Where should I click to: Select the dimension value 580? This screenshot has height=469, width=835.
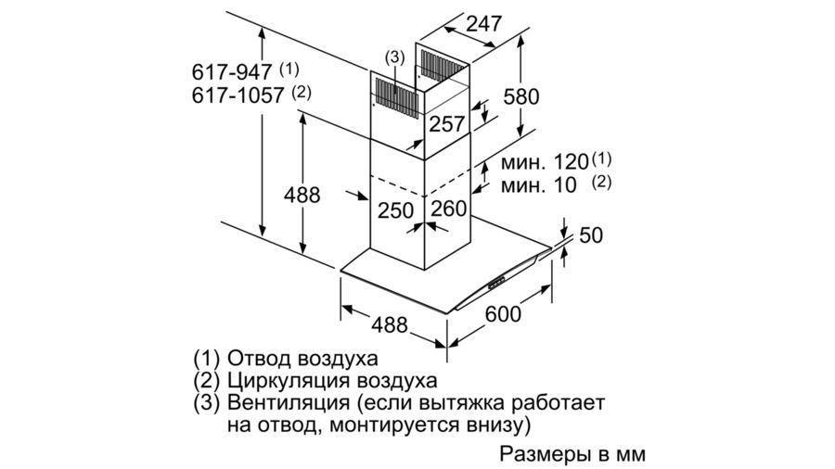pyautogui.click(x=520, y=95)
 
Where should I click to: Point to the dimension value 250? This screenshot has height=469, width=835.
pyautogui.click(x=394, y=210)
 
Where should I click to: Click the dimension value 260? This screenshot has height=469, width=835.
pyautogui.click(x=449, y=209)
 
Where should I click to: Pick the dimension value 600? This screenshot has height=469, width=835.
pyautogui.click(x=503, y=314)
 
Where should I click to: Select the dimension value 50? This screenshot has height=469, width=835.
pyautogui.click(x=591, y=235)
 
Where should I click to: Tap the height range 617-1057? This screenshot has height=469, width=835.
pyautogui.click(x=239, y=95)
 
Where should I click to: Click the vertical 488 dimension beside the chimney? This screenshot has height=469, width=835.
pyautogui.click(x=302, y=196)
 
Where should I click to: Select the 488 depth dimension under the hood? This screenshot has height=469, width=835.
pyautogui.click(x=390, y=324)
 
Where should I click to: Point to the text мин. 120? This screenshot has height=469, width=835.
pyautogui.click(x=546, y=161)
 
